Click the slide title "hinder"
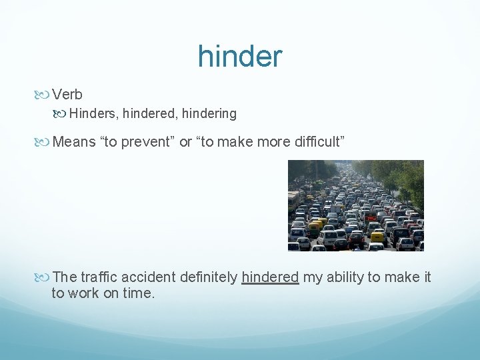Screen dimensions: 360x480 tap(240, 57)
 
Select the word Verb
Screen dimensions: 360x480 tap(67, 95)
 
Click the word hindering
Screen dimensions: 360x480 tap(211, 114)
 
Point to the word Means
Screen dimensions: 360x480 tap(74, 141)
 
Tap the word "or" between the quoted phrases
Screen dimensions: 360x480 tap(186, 141)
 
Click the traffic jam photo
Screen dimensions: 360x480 tap(355, 205)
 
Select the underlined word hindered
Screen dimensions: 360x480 tap(270, 277)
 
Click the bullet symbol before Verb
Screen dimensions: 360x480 tap(44, 95)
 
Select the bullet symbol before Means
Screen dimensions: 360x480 tap(44, 141)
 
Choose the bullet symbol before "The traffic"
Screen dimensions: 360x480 tap(44, 277)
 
